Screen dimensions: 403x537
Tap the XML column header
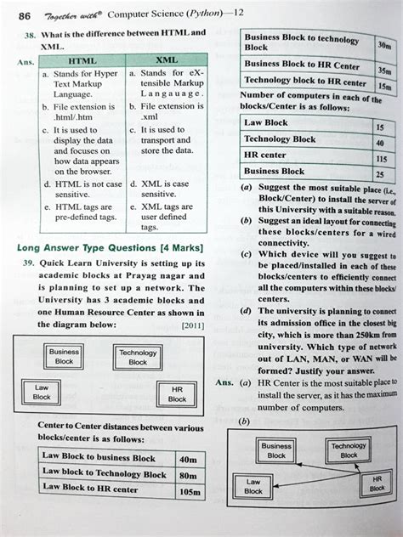tap(167, 61)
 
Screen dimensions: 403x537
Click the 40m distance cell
tap(188, 460)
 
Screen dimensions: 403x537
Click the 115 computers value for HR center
tap(380, 159)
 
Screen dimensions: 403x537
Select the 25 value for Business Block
tap(380, 175)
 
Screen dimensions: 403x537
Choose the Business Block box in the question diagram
tap(65, 356)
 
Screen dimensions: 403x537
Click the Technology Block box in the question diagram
tap(138, 358)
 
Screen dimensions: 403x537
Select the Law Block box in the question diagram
tap(42, 393)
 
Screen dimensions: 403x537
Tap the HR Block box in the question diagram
tap(177, 393)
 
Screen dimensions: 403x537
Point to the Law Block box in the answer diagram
tap(253, 486)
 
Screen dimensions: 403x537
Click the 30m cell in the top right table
tap(383, 45)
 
